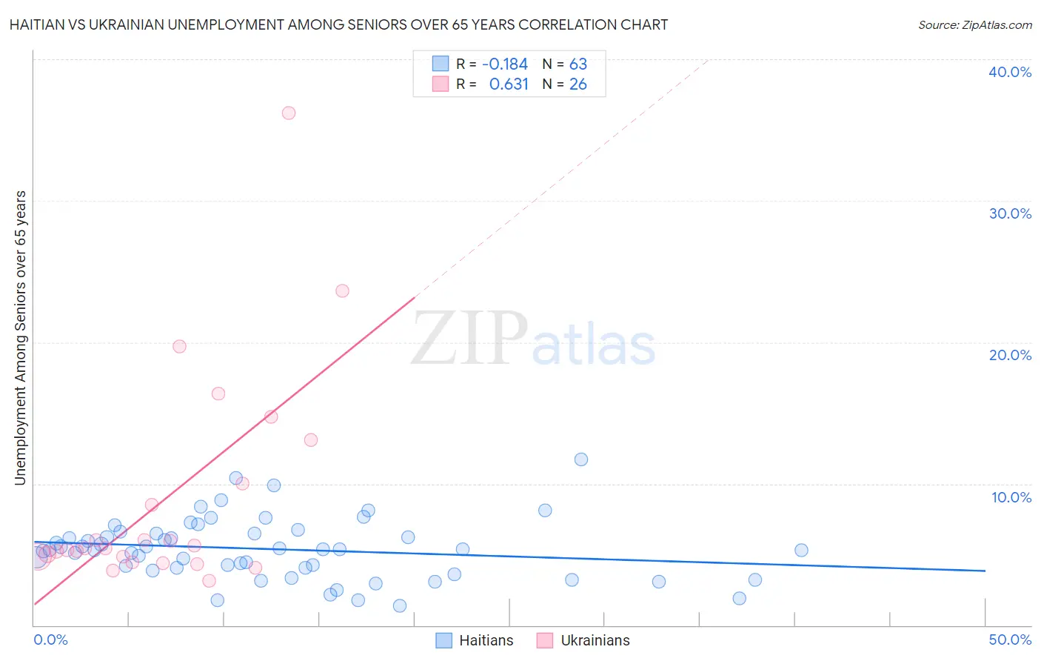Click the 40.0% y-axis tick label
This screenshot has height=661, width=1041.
[1010, 72]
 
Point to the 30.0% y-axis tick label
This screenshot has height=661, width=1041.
[1010, 213]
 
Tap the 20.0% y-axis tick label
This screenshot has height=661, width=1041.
[1010, 355]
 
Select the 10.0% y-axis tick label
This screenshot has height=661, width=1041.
[1011, 497]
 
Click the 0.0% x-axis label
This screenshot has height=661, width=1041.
[50, 640]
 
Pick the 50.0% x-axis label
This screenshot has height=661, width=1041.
[1010, 640]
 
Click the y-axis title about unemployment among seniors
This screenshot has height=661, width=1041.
[20, 338]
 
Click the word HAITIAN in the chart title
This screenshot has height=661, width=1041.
[38, 24]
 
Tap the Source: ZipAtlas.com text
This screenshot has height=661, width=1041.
[974, 24]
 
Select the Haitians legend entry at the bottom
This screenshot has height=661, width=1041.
[475, 640]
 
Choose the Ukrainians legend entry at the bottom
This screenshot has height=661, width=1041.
[583, 640]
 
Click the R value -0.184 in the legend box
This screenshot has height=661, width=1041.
[504, 64]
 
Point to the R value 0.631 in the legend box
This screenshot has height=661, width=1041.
[509, 84]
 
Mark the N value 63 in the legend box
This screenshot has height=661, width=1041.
[578, 64]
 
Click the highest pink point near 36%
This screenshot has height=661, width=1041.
[289, 113]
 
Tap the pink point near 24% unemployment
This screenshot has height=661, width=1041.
[342, 290]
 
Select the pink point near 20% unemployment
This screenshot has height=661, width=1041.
[179, 346]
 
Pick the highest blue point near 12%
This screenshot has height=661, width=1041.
[581, 459]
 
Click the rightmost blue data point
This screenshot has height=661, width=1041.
[801, 550]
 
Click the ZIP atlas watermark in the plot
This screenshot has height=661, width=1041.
[533, 339]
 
